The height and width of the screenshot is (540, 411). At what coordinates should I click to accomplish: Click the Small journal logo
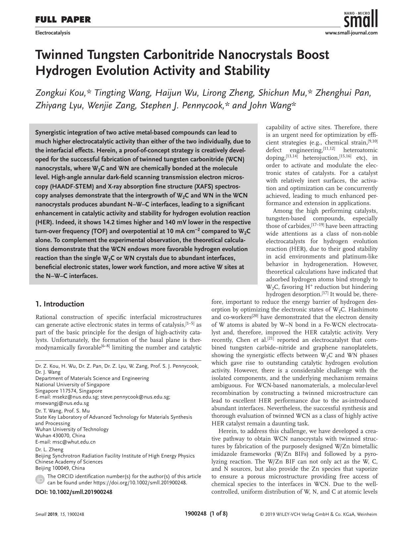pyautogui.click(x=361, y=19)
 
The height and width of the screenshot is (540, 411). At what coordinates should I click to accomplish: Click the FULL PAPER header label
pyautogui.click(x=63, y=20)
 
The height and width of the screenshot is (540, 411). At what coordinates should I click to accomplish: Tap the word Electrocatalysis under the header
pyautogui.click(x=53, y=33)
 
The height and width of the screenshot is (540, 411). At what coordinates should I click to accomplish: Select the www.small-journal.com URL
pyautogui.click(x=351, y=33)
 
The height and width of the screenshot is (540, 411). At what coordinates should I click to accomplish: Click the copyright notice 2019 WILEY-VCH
pyautogui.click(x=318, y=514)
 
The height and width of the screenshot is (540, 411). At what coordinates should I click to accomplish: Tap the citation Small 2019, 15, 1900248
pyautogui.click(x=60, y=514)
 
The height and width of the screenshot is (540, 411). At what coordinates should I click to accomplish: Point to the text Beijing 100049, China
pyautogui.click(x=60, y=468)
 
